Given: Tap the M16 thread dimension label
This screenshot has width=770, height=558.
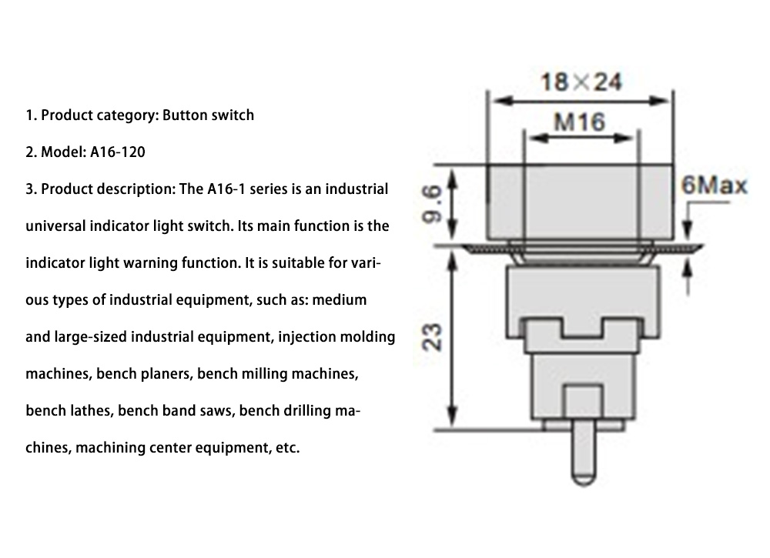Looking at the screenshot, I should pos(579,121).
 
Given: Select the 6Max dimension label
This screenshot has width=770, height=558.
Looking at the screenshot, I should pos(714,186).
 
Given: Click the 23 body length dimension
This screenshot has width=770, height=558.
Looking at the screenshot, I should pos(434,337).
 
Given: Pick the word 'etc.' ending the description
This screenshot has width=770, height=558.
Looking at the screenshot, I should pos(286,448).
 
